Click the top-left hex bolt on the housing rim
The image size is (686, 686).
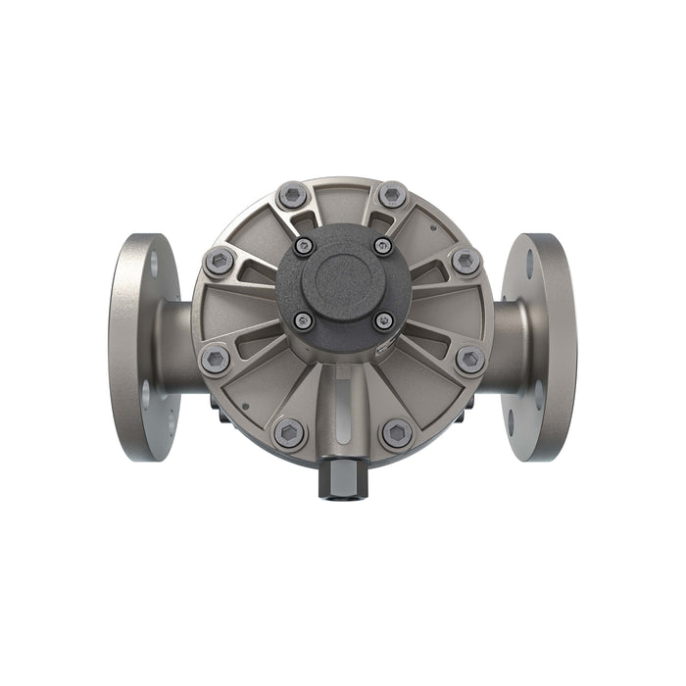pos(291,195)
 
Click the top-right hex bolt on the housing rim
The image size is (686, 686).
pos(393,195)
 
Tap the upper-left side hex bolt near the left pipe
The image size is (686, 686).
pos(219,261)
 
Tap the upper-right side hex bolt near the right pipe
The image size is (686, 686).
pos(466,261)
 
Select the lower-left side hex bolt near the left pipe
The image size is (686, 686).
pos(215,359)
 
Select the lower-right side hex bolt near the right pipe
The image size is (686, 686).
pos(470,359)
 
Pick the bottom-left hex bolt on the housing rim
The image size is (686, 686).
pos(289,432)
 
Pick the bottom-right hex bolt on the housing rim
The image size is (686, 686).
pos(397,432)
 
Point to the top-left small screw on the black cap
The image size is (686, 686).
pos(305,245)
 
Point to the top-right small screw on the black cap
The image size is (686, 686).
pos(382,245)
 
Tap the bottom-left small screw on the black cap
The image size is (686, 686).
pos(305,320)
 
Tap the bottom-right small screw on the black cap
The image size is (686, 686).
pos(383,320)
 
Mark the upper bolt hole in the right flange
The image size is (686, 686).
pos(530,263)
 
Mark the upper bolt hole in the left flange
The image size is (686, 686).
pos(153,263)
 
